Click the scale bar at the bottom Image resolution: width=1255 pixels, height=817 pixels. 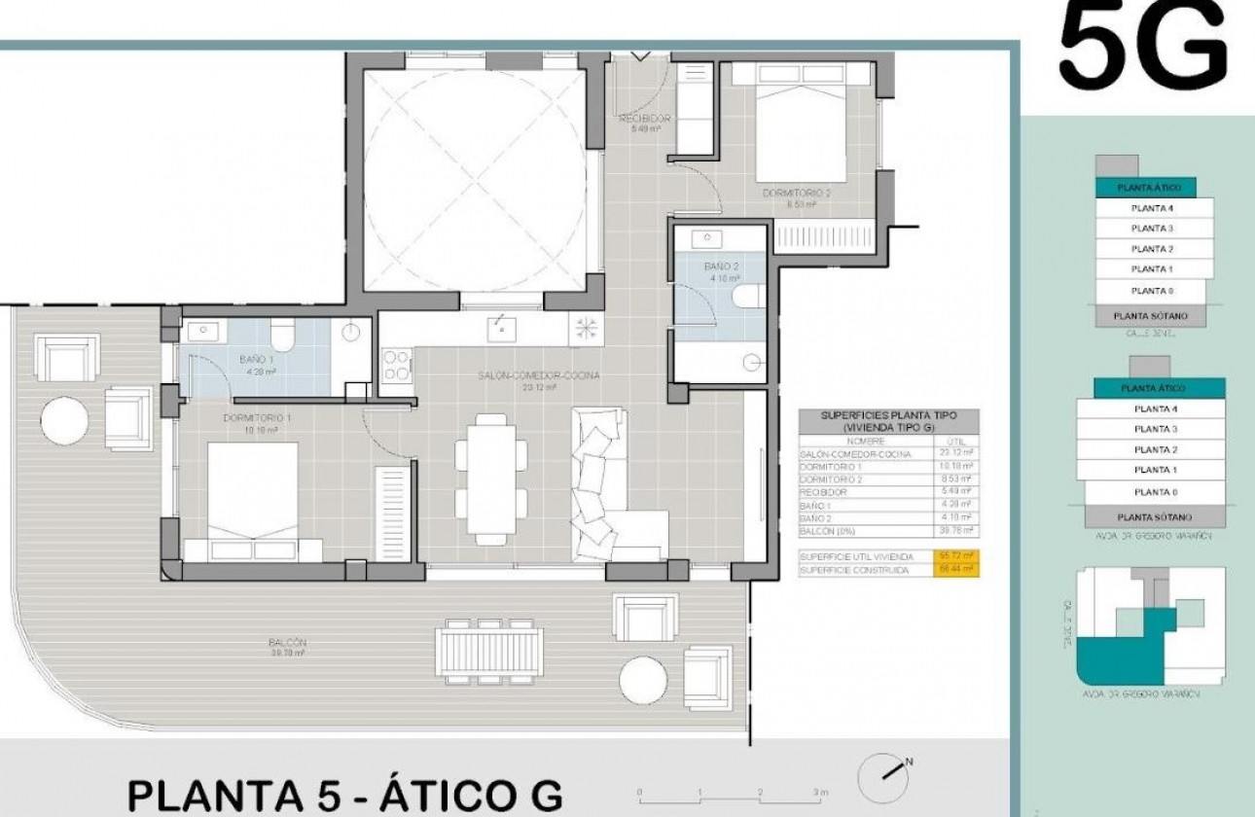[x=730, y=794]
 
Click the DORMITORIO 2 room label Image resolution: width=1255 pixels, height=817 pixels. [x=797, y=194]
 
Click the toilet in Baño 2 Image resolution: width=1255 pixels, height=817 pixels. [x=750, y=299]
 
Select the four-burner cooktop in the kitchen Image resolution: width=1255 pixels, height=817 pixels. [x=395, y=365]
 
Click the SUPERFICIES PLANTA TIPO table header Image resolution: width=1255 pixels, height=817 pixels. [x=888, y=420]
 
